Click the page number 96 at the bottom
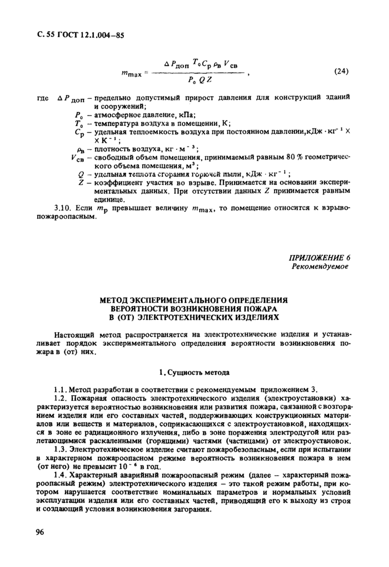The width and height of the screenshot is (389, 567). (40, 532)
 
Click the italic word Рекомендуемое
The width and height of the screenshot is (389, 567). (321, 267)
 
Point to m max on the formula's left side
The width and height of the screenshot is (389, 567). (132, 74)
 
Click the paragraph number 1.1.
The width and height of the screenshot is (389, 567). (61, 389)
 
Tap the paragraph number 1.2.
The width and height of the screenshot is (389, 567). (61, 398)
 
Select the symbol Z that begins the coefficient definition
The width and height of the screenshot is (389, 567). (81, 181)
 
